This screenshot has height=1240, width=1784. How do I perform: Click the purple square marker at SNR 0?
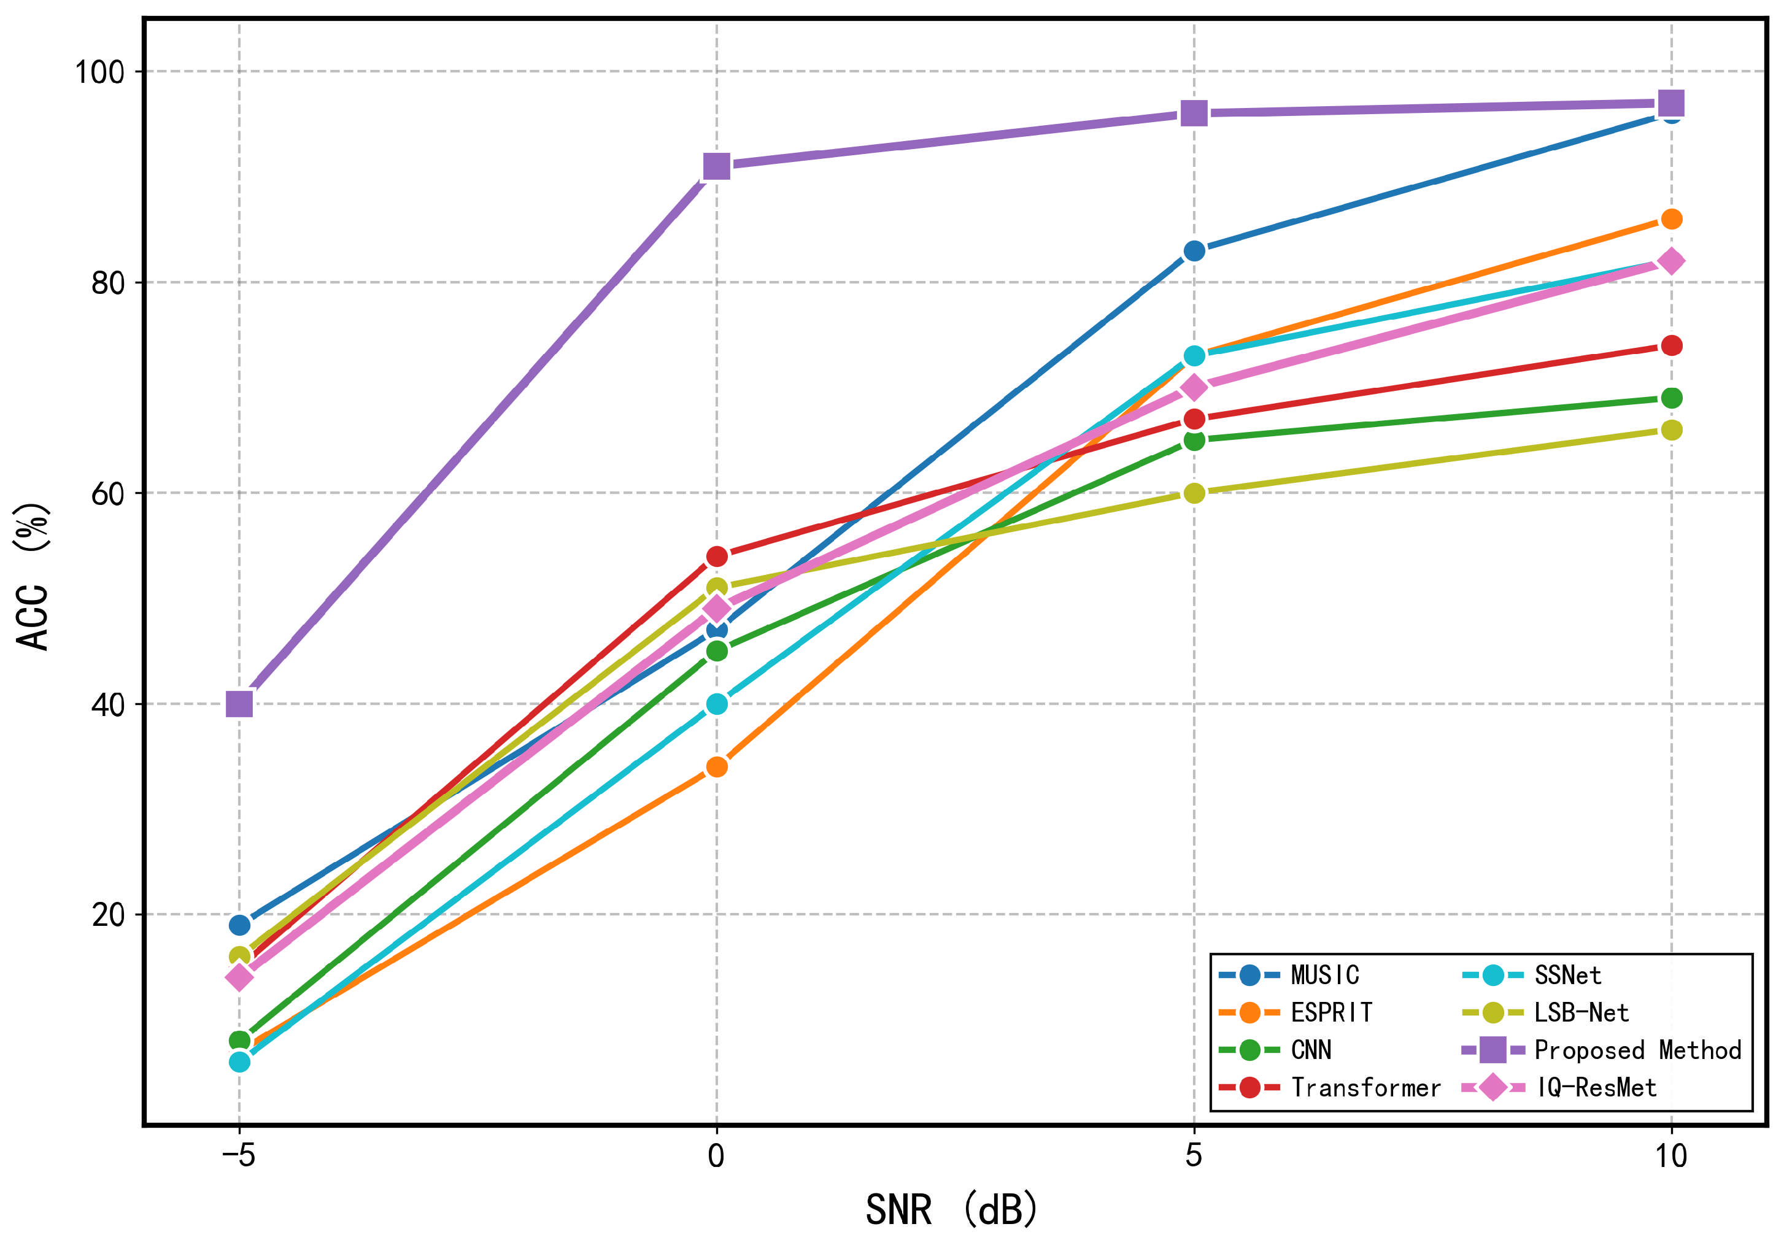pyautogui.click(x=716, y=166)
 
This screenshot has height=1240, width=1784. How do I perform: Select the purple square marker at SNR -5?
pyautogui.click(x=239, y=704)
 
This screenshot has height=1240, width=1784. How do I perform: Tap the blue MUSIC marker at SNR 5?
pyautogui.click(x=1194, y=251)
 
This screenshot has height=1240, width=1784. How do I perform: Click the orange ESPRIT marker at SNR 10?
pyautogui.click(x=1671, y=219)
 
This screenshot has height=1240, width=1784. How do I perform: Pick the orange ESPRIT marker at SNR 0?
pyautogui.click(x=716, y=767)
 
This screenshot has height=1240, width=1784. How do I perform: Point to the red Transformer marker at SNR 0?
pyautogui.click(x=716, y=556)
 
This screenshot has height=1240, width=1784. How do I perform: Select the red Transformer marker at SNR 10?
pyautogui.click(x=1671, y=345)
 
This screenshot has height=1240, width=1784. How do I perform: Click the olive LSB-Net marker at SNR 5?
pyautogui.click(x=1194, y=493)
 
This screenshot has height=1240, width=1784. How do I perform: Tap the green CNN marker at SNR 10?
pyautogui.click(x=1671, y=398)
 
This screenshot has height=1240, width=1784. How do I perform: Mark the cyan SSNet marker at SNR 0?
pyautogui.click(x=716, y=704)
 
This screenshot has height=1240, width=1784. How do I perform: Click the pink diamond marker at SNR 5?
pyautogui.click(x=1194, y=387)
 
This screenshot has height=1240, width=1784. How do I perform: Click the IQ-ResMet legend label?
pyautogui.click(x=1597, y=1088)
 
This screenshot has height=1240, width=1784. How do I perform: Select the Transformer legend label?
pyautogui.click(x=1365, y=1088)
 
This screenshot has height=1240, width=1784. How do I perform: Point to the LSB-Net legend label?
pyautogui.click(x=1581, y=1013)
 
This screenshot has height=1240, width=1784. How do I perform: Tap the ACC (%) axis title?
pyautogui.click(x=33, y=576)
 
